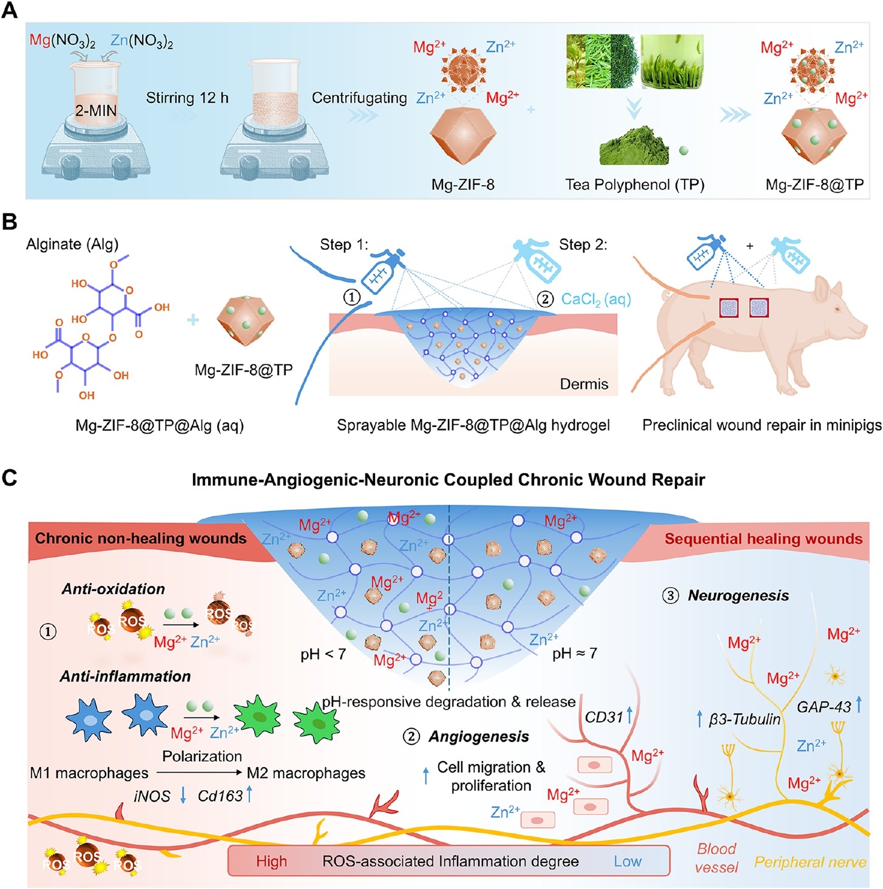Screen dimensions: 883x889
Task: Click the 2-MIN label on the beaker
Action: pyautogui.click(x=96, y=111)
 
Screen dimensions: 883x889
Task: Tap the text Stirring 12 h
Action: pyautogui.click(x=187, y=98)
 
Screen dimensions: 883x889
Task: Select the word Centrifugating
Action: pyautogui.click(x=359, y=98)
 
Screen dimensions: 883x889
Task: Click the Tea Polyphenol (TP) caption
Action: pyautogui.click(x=635, y=184)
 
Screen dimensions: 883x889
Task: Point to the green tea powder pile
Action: pyautogui.click(x=634, y=146)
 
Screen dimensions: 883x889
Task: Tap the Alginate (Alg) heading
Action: pyautogui.click(x=72, y=244)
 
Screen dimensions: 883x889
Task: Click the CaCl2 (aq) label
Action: pyautogui.click(x=596, y=300)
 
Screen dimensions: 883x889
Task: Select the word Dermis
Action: pyautogui.click(x=584, y=384)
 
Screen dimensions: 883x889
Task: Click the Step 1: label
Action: pyautogui.click(x=344, y=244)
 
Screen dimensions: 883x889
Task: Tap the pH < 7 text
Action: pyautogui.click(x=323, y=654)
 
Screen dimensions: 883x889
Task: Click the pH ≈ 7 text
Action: pyautogui.click(x=575, y=653)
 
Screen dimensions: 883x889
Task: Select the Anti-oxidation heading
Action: pyautogui.click(x=113, y=589)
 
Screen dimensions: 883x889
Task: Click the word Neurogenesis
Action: pyautogui.click(x=739, y=595)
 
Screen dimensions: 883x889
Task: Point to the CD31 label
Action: pyautogui.click(x=604, y=717)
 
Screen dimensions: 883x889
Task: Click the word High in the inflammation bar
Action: pyautogui.click(x=271, y=861)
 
